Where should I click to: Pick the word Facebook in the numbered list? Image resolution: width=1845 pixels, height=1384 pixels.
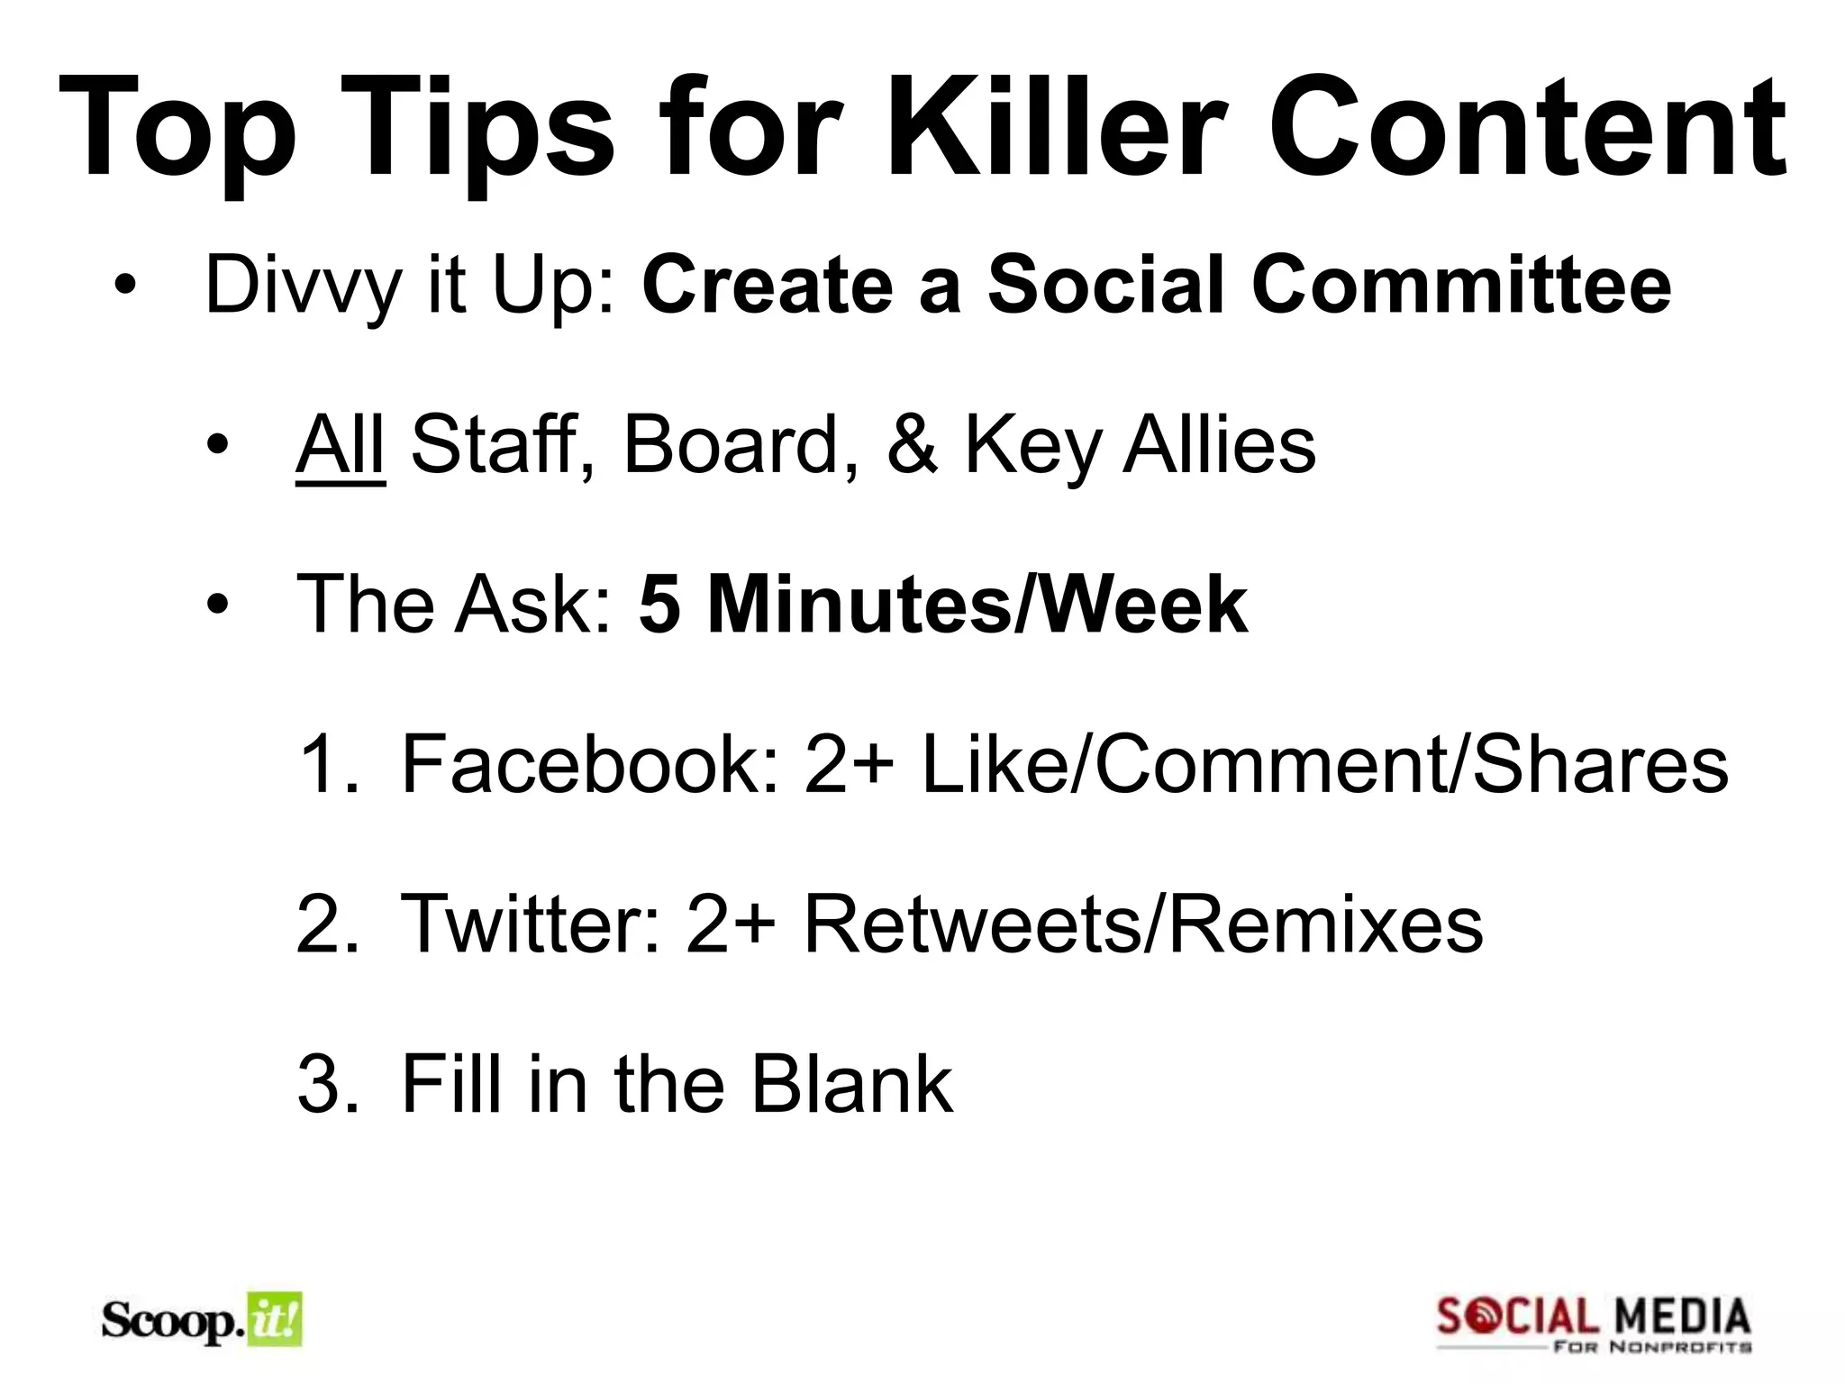[590, 764]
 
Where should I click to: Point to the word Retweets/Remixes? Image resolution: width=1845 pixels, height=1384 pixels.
[1141, 924]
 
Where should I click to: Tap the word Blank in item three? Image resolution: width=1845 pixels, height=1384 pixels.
[851, 1083]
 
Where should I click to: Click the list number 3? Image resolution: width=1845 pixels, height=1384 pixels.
[325, 1083]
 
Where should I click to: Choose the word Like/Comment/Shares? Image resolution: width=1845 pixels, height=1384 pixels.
[1323, 764]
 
